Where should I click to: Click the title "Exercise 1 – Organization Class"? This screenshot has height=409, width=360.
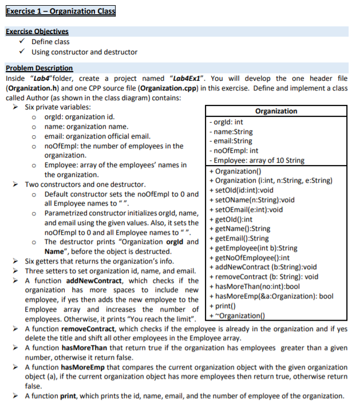pyautogui.click(x=60, y=11)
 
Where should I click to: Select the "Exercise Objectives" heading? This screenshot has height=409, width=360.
pyautogui.click(x=37, y=32)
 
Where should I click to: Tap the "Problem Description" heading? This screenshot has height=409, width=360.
pyautogui.click(x=39, y=68)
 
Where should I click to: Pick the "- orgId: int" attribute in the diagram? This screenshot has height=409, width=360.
pyautogui.click(x=227, y=122)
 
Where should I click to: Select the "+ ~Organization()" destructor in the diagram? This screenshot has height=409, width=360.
pyautogui.click(x=238, y=315)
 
